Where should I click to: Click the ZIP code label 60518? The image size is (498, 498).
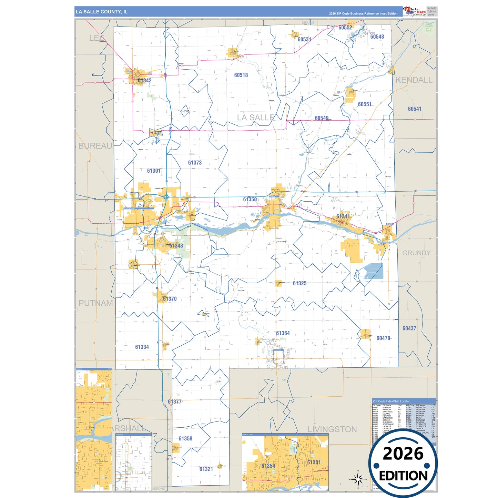coord(241,75)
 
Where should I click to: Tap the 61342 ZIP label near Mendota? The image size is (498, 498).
coord(144,81)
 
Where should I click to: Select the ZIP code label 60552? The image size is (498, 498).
coord(345,28)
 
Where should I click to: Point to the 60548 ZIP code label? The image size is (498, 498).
coord(377,37)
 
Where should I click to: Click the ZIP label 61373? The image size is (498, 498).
coord(195,163)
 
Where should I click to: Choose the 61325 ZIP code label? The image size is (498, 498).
coord(299,283)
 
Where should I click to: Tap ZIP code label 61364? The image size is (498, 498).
coord(283,333)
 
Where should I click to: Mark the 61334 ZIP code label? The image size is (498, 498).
coord(142,347)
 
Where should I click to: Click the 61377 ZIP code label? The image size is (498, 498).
coord(175,402)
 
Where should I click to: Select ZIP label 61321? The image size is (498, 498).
coord(206,469)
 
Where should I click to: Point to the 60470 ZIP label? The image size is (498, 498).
coord(383,338)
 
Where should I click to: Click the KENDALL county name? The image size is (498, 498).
coord(414,80)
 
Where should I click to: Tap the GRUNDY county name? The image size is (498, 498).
coord(416,253)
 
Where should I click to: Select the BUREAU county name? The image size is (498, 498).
coord(95,146)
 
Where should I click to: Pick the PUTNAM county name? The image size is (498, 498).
coord(96,303)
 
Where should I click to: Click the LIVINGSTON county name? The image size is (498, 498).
coord(332,429)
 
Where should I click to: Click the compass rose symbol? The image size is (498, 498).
coord(358,479)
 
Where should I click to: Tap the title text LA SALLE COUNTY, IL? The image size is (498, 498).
coord(102,12)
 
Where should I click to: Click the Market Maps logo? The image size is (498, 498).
coord(415,11)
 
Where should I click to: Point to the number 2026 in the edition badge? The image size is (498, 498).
coord(403,454)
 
